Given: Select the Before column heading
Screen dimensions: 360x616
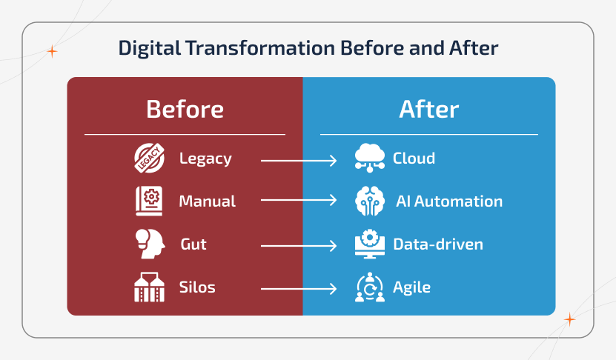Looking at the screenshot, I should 185,110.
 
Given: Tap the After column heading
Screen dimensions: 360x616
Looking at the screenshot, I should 428,110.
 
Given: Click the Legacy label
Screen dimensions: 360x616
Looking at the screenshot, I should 205,159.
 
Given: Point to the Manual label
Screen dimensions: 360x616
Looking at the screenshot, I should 207,201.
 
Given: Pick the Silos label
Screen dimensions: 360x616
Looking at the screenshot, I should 197,287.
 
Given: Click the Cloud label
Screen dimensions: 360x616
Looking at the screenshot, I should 414,159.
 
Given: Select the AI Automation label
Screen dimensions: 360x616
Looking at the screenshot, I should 448,201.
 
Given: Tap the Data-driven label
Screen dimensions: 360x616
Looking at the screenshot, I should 437,244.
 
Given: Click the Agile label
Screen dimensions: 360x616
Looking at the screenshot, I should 411,287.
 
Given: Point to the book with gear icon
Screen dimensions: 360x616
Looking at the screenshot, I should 148,201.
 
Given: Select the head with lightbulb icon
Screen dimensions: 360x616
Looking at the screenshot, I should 148,244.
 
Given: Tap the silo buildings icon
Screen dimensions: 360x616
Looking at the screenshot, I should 148,287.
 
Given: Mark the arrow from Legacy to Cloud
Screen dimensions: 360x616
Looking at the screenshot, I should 299,159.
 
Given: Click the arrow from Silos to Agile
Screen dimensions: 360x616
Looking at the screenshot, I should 299,288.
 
